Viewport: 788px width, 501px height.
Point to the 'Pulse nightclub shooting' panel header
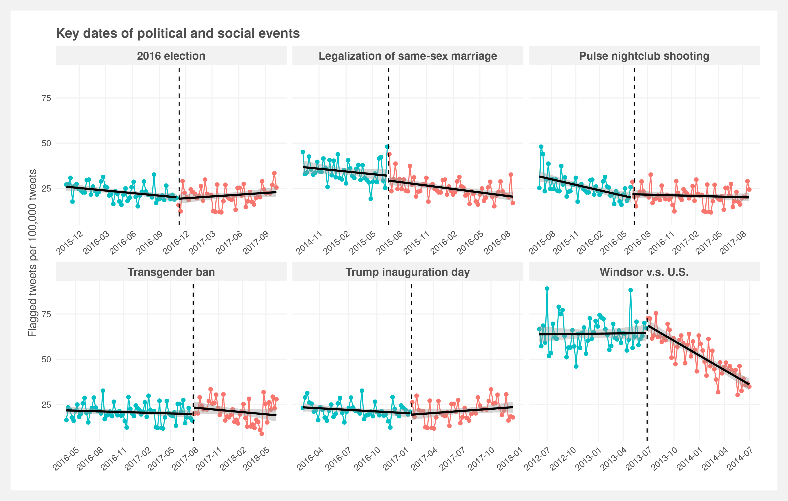tap(644, 56)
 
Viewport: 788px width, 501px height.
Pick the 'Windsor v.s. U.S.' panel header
tap(644, 272)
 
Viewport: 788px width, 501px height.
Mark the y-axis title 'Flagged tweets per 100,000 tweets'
tap(32, 253)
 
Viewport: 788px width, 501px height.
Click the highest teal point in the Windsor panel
tap(547, 289)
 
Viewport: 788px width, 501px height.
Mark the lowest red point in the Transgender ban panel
tap(261, 434)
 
